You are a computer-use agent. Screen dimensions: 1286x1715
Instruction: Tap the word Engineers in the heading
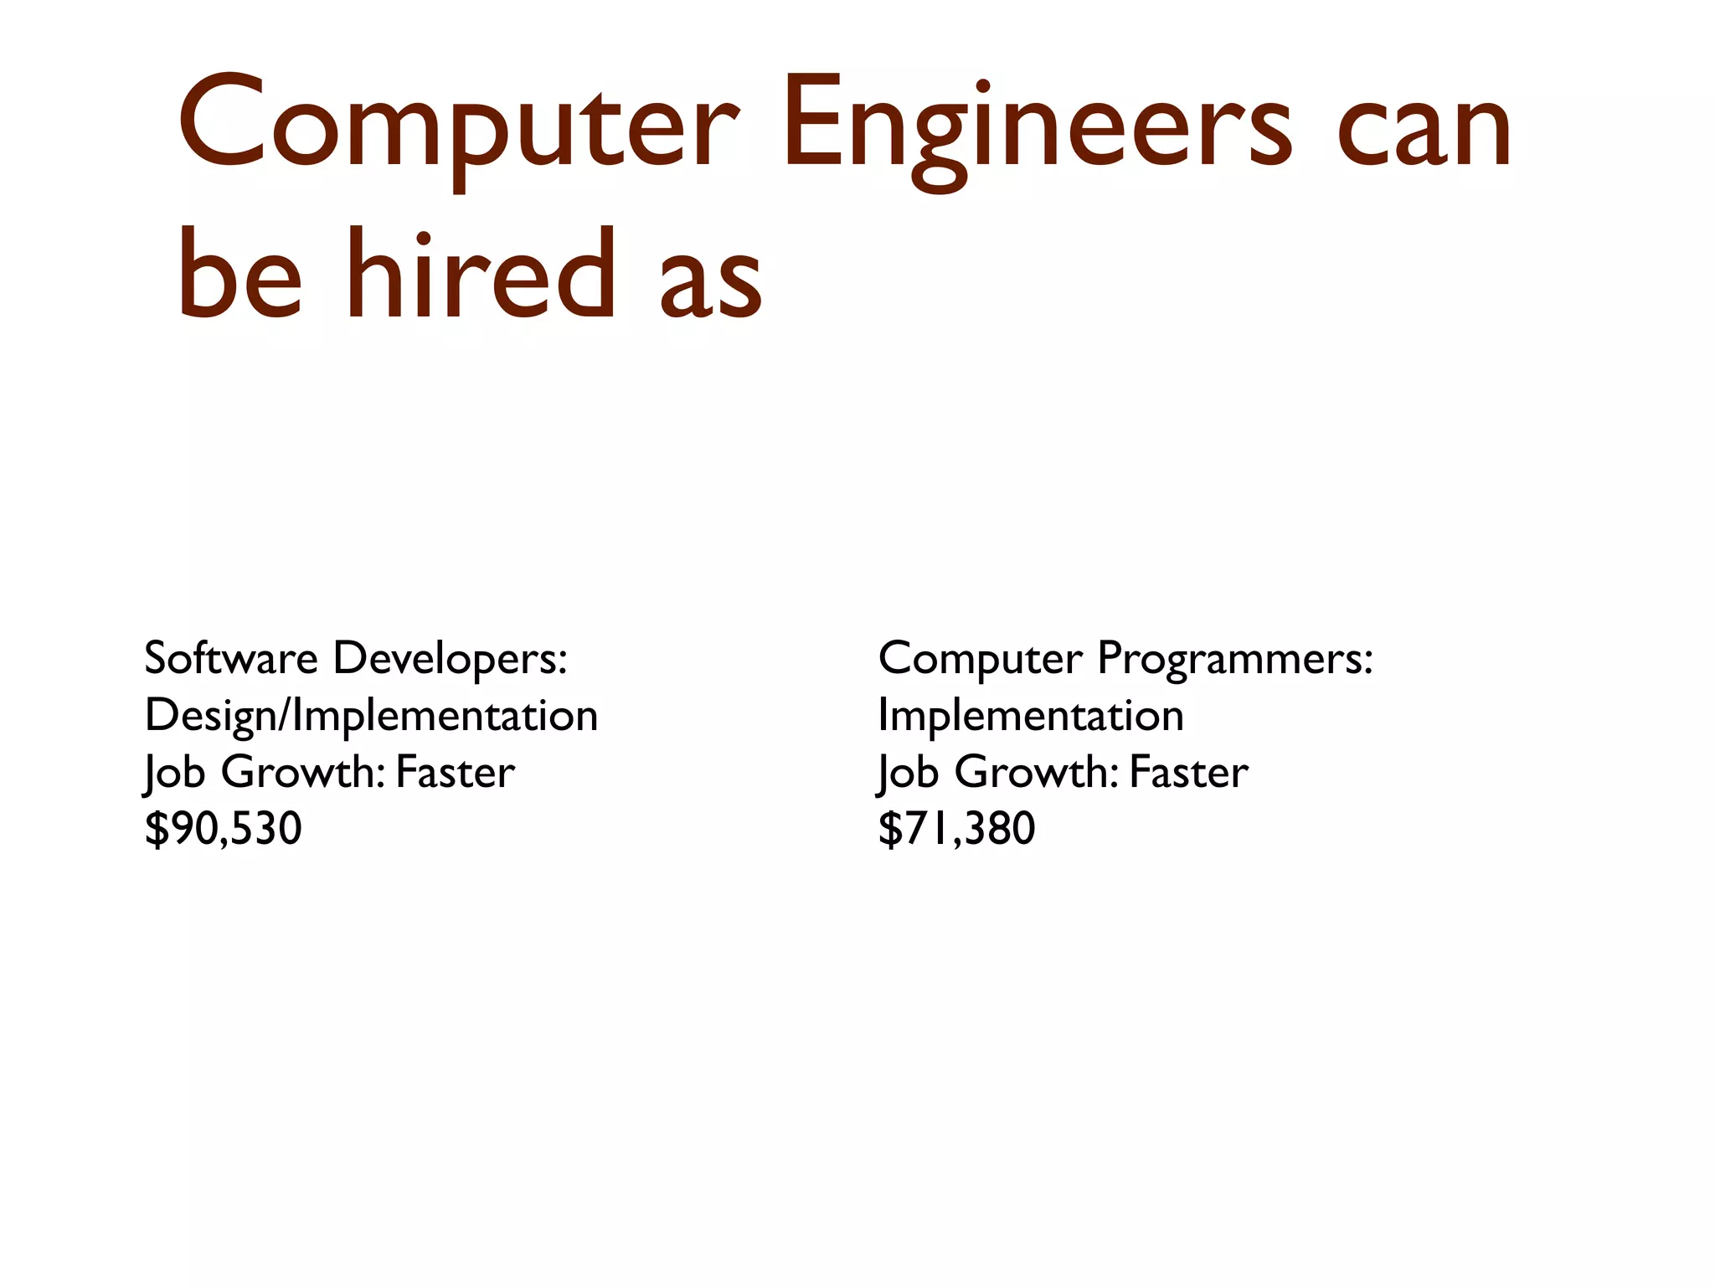coord(1025,126)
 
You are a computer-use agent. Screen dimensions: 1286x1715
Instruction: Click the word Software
coord(230,658)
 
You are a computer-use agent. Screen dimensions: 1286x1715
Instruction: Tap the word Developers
coord(450,660)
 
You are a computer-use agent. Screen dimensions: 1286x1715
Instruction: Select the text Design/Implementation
coord(371,717)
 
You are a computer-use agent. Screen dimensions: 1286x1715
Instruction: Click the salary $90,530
coord(223,829)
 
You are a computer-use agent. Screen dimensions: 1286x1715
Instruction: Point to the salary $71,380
coord(956,829)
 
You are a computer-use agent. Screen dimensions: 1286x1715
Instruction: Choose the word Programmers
coord(1234,660)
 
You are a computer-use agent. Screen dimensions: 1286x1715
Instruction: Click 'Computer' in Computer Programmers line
coord(980,660)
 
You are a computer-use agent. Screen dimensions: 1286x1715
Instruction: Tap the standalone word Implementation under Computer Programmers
coord(1031,716)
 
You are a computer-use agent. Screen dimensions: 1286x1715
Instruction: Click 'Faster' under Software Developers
coord(455,772)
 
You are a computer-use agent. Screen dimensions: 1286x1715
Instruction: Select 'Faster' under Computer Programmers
coord(1188,772)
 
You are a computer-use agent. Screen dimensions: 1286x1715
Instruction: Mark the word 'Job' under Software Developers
coord(174,772)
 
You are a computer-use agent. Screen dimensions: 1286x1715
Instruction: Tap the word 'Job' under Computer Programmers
coord(908,772)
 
